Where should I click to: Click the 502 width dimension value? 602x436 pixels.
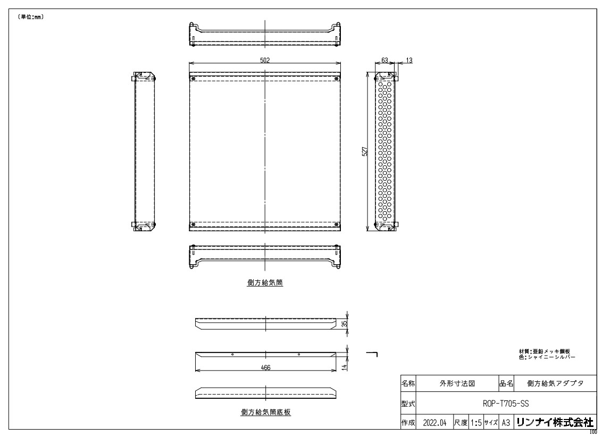pos(265,60)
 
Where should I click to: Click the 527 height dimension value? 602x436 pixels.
pos(365,151)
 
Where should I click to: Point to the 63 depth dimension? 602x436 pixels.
pos(384,60)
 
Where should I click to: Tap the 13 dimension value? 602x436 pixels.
pos(409,60)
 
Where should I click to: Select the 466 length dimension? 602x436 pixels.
pos(266,367)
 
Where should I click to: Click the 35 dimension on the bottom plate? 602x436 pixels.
pos(345,324)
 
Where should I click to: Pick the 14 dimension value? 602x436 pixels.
pos(345,367)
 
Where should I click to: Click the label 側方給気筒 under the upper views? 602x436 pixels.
pos(265,283)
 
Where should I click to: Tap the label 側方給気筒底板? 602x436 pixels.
pos(266,412)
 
